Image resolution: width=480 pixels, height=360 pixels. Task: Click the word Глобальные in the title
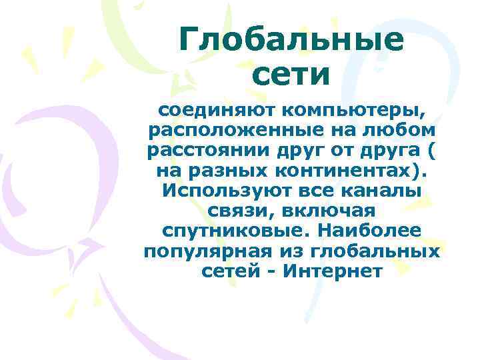point(291,41)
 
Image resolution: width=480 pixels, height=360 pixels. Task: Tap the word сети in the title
point(291,75)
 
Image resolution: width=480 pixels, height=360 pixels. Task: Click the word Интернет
point(341,273)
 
